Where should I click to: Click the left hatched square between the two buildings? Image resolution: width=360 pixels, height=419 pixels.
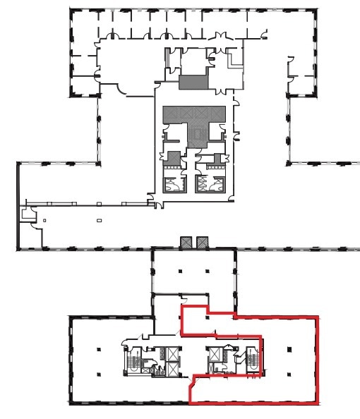187,242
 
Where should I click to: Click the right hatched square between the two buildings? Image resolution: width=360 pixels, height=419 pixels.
203,242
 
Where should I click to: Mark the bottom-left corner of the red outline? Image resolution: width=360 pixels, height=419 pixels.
191,403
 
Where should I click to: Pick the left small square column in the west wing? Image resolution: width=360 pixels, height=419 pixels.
44,221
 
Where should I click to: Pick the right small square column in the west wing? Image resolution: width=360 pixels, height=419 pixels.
99,221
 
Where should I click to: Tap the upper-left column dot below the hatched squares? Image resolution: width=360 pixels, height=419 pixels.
179,270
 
